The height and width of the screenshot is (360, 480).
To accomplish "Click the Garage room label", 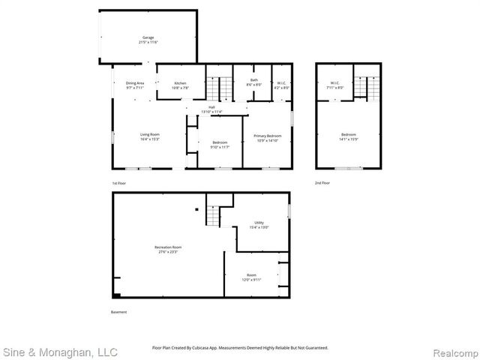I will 148,40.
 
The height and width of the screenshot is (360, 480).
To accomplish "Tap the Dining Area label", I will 135,85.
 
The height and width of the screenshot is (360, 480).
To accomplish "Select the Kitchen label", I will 180,85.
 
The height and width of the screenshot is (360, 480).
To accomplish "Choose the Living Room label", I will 149,136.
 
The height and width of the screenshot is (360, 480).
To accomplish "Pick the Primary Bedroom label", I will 267,137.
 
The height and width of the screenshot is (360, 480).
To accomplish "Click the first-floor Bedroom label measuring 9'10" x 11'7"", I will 220,144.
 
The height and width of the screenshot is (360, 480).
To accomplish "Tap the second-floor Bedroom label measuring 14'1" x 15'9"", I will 349,136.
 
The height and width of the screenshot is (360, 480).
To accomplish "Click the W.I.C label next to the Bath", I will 280,85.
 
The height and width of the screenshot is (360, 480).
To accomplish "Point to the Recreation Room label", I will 168,250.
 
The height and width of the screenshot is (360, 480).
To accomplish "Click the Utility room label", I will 259,224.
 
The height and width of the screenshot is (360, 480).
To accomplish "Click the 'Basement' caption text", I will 118,312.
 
